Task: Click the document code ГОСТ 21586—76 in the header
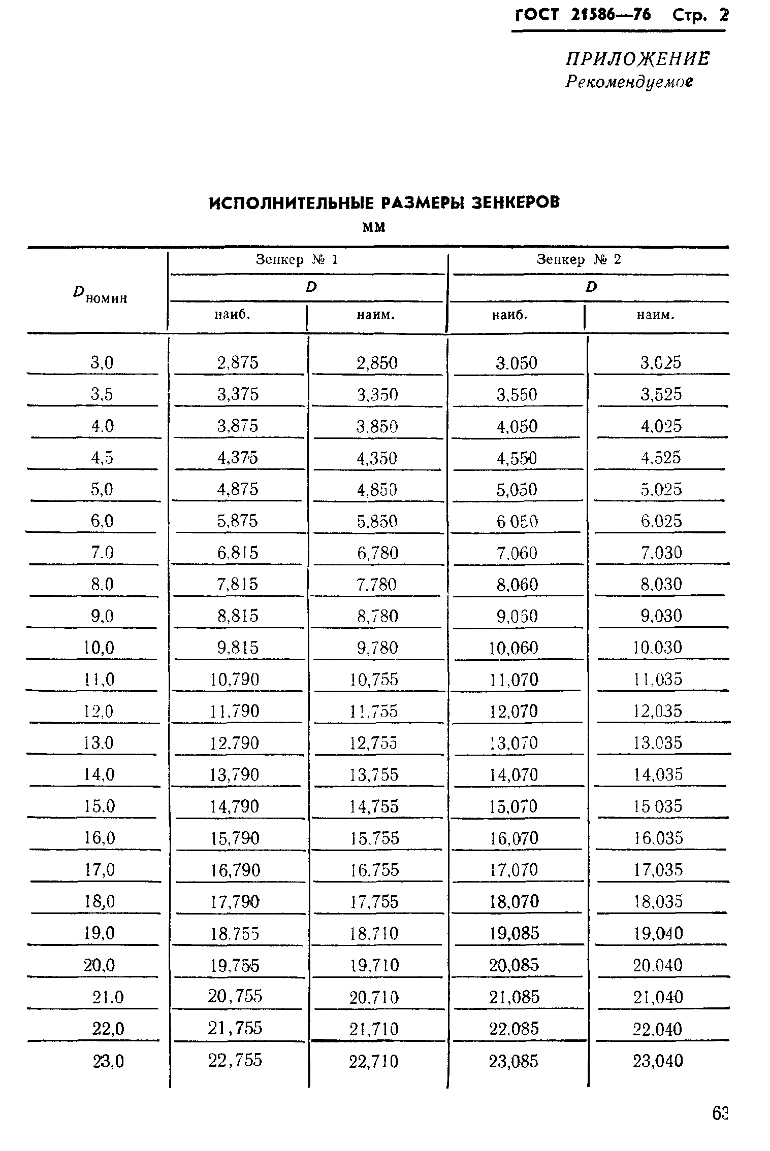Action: click(583, 15)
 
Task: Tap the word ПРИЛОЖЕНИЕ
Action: click(637, 59)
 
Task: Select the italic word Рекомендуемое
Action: click(629, 82)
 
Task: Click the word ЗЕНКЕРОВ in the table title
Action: click(516, 202)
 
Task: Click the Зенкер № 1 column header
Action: click(297, 260)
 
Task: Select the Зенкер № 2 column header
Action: click(579, 260)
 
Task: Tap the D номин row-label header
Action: click(100, 294)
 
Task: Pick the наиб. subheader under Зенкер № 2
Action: click(510, 315)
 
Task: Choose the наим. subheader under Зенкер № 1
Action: click(375, 315)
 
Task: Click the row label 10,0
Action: click(100, 648)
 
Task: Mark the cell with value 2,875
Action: click(238, 363)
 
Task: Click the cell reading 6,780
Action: click(377, 553)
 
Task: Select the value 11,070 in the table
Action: click(514, 680)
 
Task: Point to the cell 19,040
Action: click(658, 933)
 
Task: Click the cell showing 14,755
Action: click(374, 806)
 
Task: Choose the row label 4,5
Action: click(102, 458)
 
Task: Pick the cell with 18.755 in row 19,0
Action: click(235, 933)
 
